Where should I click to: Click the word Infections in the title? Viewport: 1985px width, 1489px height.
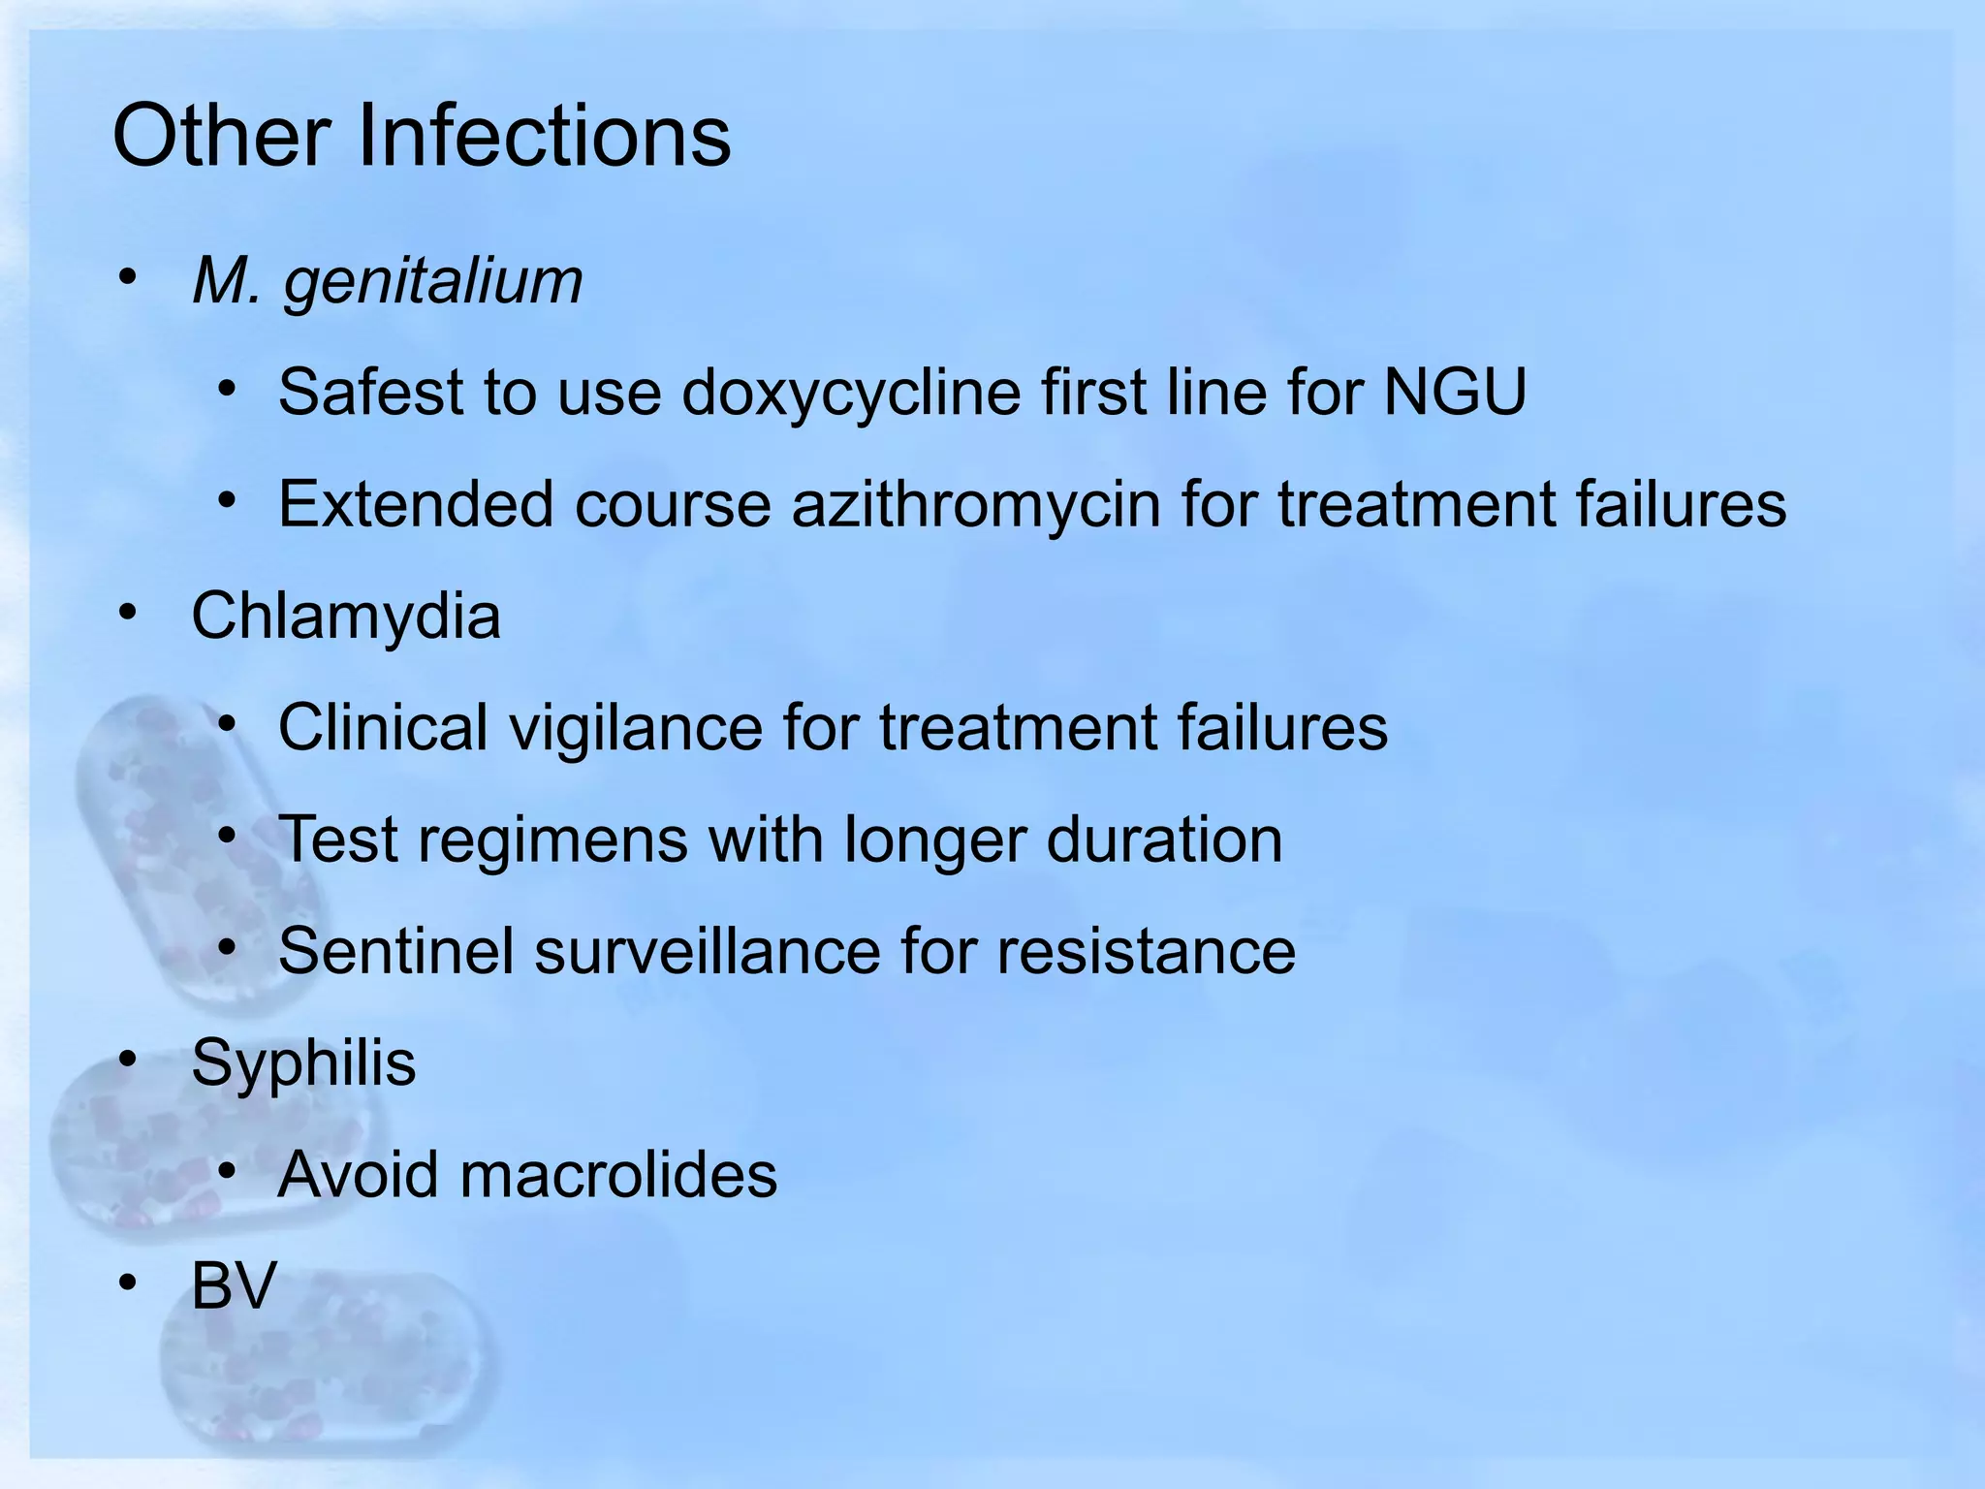(x=544, y=136)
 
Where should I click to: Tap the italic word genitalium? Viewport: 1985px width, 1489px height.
(x=432, y=282)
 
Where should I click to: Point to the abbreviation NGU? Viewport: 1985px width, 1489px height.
(x=1455, y=393)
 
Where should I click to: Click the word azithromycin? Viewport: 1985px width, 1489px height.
(x=976, y=504)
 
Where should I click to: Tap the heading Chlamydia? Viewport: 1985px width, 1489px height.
(x=346, y=616)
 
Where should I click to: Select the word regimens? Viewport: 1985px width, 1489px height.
(x=552, y=840)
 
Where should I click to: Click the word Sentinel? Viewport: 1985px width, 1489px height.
(x=395, y=951)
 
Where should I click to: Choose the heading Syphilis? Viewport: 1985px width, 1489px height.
(x=303, y=1062)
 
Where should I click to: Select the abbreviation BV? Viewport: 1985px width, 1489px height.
(x=234, y=1286)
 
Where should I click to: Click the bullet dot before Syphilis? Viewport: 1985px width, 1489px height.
(x=128, y=1061)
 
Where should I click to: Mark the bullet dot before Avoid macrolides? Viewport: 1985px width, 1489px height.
(x=227, y=1173)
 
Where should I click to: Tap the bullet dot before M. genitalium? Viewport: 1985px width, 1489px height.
(x=128, y=279)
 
